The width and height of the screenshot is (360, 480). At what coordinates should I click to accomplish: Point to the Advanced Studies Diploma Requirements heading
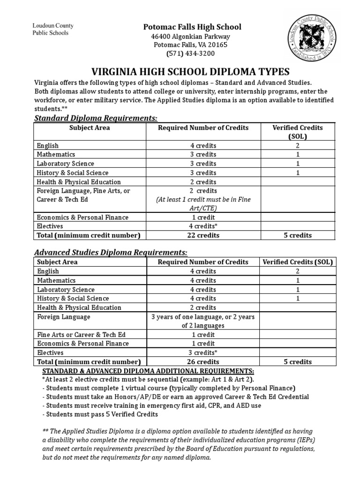tap(111, 252)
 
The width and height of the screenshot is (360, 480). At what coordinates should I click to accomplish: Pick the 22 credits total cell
tap(203, 235)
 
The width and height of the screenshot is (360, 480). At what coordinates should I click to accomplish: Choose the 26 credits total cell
tap(203, 361)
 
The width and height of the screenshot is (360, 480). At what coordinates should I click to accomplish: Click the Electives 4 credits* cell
tap(203, 226)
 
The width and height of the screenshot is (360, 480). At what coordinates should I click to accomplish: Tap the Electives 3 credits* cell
tap(203, 352)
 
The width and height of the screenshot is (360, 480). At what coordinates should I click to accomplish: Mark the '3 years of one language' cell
tap(203, 321)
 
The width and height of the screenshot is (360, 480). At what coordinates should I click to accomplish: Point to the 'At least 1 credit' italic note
tap(203, 204)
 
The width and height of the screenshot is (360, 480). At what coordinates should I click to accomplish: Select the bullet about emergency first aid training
tap(151, 405)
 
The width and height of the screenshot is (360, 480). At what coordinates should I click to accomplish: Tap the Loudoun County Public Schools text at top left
tap(52, 29)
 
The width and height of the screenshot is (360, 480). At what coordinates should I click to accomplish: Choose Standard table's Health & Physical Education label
tap(79, 182)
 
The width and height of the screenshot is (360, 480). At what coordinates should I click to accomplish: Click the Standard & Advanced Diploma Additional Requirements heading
tap(148, 370)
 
